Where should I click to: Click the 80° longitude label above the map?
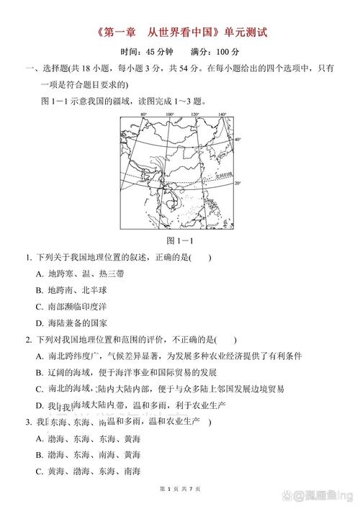pyautogui.click(x=143, y=114)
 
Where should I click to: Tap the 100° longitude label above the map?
pyautogui.click(x=170, y=114)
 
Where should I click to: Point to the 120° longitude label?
pyautogui.click(x=196, y=114)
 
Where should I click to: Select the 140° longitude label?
pyautogui.click(x=222, y=114)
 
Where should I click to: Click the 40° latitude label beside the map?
pyautogui.click(x=238, y=139)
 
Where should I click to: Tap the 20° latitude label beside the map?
pyautogui.click(x=238, y=184)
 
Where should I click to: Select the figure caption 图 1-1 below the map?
pyautogui.click(x=179, y=240)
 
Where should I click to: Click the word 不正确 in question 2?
pyautogui.click(x=181, y=340)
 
